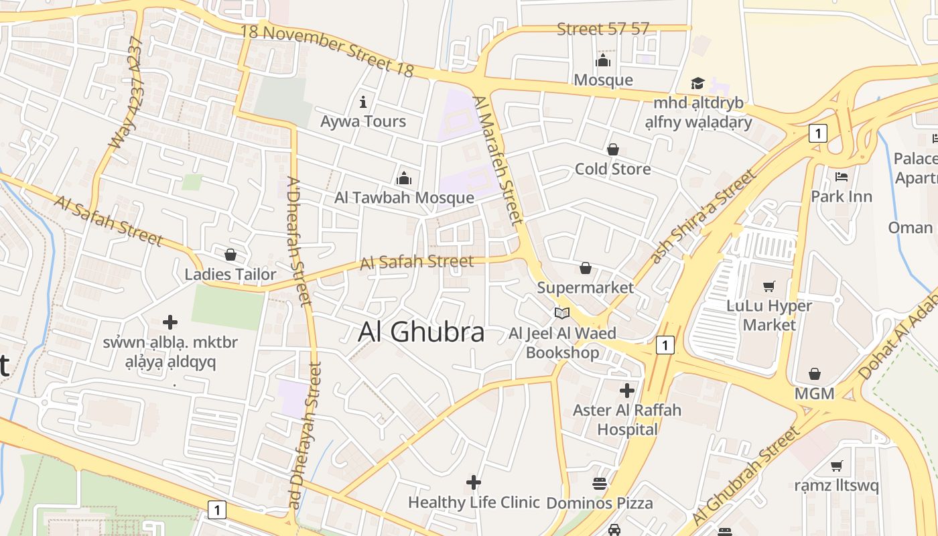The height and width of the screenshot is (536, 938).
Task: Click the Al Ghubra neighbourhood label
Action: pos(421,332)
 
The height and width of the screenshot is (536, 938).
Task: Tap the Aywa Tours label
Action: pos(363,121)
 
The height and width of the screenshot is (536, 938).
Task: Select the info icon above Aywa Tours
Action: pos(363,102)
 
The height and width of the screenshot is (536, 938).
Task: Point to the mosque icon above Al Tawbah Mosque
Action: pos(404,178)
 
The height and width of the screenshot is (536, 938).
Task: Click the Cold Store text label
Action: pos(612,169)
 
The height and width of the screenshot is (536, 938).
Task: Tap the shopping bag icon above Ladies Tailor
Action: pos(230,255)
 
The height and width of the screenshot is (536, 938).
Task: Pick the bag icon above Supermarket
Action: pos(586,268)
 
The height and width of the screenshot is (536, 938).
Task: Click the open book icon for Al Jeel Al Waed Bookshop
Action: pos(561,313)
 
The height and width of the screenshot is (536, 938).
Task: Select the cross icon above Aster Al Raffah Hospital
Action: pos(627,390)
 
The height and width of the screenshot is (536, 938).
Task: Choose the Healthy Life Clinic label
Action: pos(474,502)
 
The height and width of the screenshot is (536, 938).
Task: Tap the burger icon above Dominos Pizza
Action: pos(600,483)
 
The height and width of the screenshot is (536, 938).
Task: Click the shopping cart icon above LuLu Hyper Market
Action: pos(769,286)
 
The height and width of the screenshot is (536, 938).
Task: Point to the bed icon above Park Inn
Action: pos(842,177)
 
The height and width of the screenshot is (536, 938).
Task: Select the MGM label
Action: pos(814,393)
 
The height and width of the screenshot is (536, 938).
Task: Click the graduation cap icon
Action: pos(698,84)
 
